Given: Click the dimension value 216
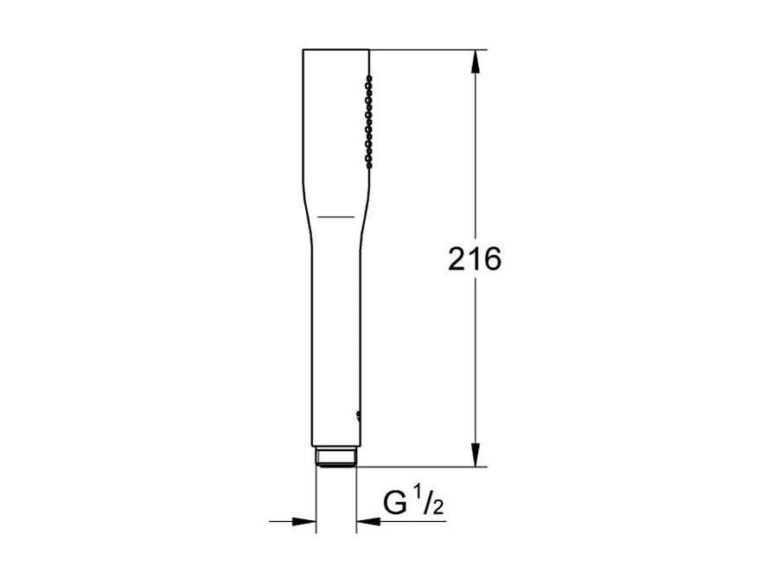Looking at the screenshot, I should tap(475, 258).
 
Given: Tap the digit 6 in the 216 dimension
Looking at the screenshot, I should tap(492, 258).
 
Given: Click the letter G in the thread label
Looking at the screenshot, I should tap(396, 503).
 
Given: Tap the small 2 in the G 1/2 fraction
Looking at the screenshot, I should tap(438, 508).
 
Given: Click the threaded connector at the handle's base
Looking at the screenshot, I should tap(335, 457).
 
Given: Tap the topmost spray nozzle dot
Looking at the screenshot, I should tap(369, 78).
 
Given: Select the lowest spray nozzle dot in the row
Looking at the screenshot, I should tap(369, 161).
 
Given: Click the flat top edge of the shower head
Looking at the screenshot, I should tap(335, 50).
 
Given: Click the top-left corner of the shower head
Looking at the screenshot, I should tap(303, 51).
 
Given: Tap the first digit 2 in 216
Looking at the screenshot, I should tap(457, 258).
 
